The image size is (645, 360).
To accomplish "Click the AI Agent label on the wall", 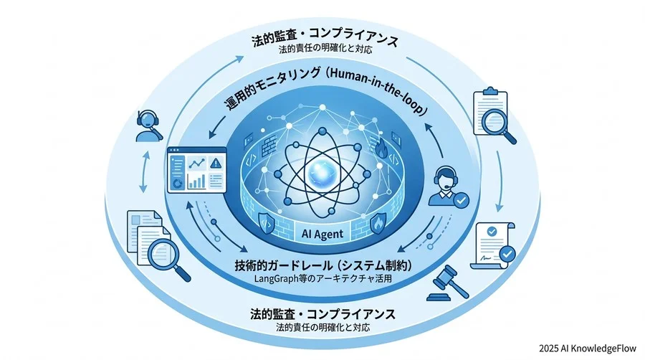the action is click(x=322, y=234).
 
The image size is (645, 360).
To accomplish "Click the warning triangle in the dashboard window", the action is click(x=215, y=164).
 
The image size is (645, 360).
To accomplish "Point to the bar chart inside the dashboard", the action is click(x=196, y=181).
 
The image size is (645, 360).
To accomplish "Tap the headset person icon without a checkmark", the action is click(x=148, y=125).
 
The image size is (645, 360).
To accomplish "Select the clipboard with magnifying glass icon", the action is click(x=494, y=115).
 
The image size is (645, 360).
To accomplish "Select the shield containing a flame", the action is click(x=378, y=224).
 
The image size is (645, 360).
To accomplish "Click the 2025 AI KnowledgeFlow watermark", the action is click(x=588, y=349).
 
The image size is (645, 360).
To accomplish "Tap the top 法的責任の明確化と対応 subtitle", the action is click(x=325, y=50).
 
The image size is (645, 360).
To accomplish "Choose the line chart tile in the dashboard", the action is click(x=196, y=164).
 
